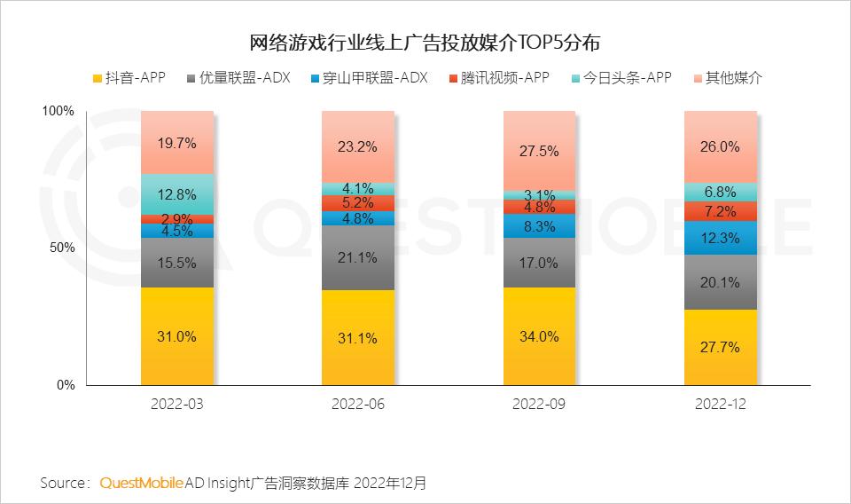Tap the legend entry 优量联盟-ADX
238,78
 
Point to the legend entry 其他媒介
728,78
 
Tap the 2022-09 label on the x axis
538,405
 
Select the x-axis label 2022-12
720,405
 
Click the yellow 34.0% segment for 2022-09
538,336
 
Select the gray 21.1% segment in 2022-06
358,258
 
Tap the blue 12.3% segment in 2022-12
720,238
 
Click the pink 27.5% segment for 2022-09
538,151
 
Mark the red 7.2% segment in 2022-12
720,211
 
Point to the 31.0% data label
177,336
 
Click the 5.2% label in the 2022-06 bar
358,202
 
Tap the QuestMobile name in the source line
141,484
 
